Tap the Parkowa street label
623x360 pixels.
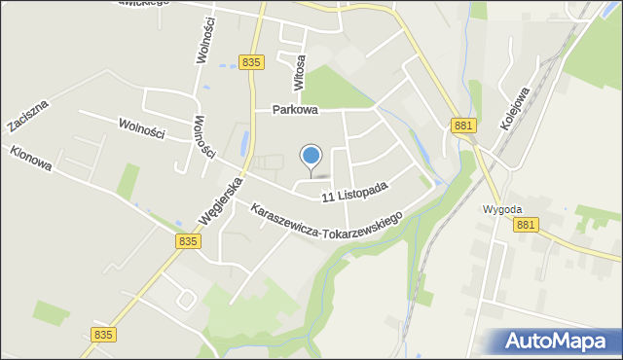296,110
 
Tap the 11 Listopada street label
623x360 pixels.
356,191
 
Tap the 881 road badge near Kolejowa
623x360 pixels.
462,125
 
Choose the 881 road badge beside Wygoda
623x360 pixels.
526,225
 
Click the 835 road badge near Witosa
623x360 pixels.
251,62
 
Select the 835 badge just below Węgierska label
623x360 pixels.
190,240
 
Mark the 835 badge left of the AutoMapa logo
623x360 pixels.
105,334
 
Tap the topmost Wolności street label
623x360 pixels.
205,45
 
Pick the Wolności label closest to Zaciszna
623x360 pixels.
142,128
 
